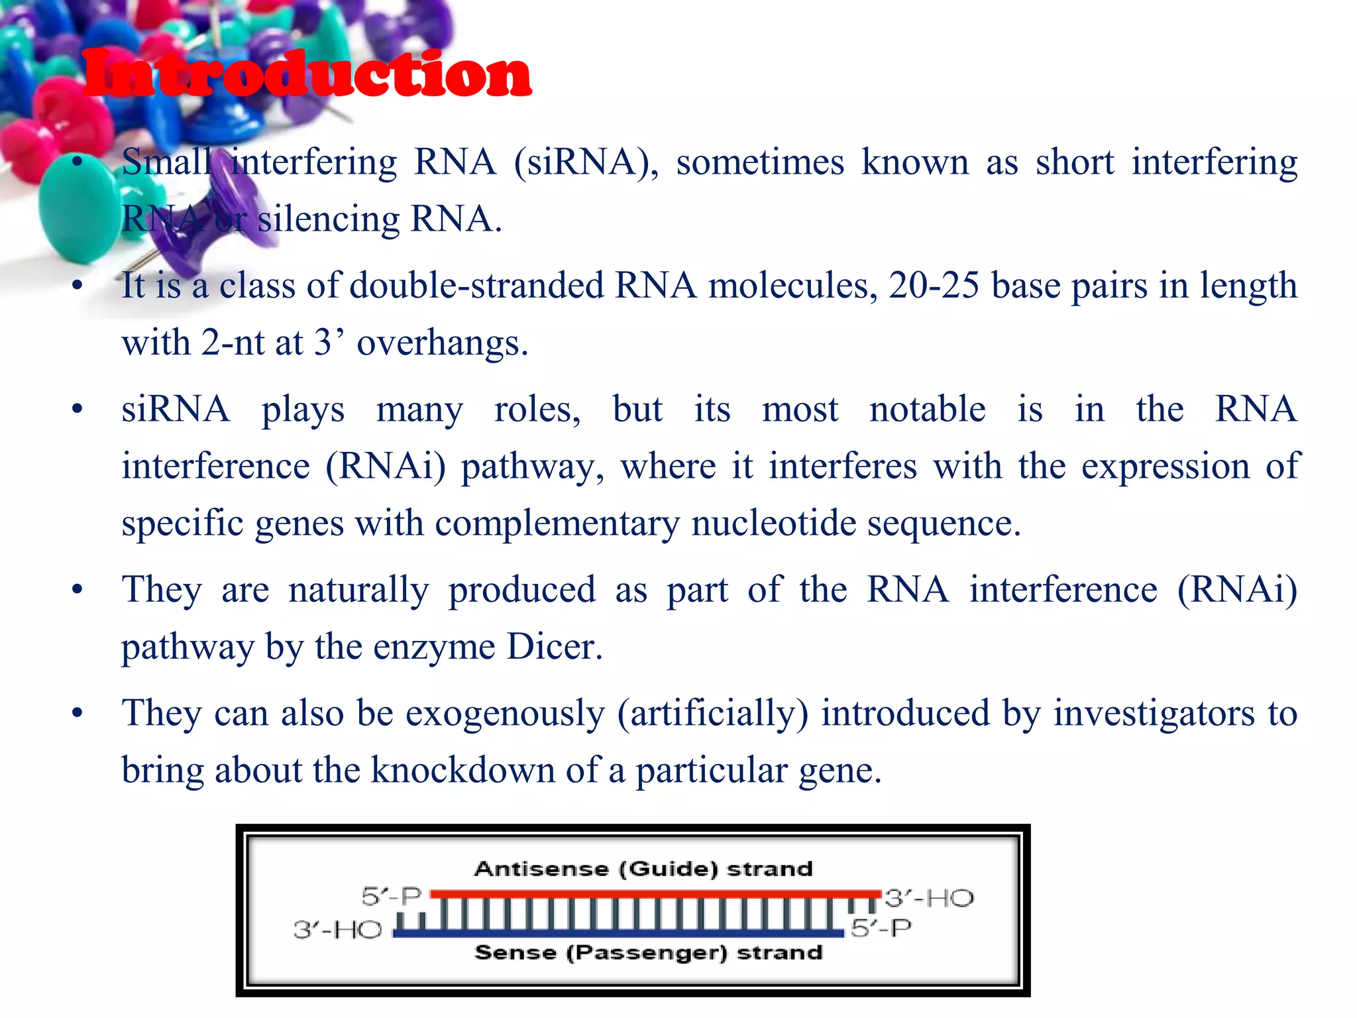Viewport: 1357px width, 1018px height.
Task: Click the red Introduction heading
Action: coord(306,74)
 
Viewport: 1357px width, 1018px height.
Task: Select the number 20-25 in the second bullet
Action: coord(934,286)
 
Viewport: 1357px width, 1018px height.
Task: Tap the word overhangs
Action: coord(442,343)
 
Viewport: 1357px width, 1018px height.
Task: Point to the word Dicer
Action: coord(554,647)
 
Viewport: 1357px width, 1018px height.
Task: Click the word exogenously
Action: coord(505,714)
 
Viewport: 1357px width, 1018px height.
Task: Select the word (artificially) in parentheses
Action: coord(713,714)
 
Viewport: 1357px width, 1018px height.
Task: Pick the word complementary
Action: coord(557,524)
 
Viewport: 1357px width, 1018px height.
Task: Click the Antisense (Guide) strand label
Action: coord(643,869)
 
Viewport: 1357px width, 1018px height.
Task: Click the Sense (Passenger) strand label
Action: coord(649,953)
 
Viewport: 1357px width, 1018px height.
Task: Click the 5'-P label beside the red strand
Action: coord(392,897)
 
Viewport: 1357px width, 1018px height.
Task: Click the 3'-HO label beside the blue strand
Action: coord(338,930)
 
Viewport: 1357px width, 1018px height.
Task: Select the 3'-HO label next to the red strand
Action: coord(929,899)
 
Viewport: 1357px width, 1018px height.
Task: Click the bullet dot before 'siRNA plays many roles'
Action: coord(78,409)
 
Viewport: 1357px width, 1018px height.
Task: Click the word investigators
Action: coord(1154,714)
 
